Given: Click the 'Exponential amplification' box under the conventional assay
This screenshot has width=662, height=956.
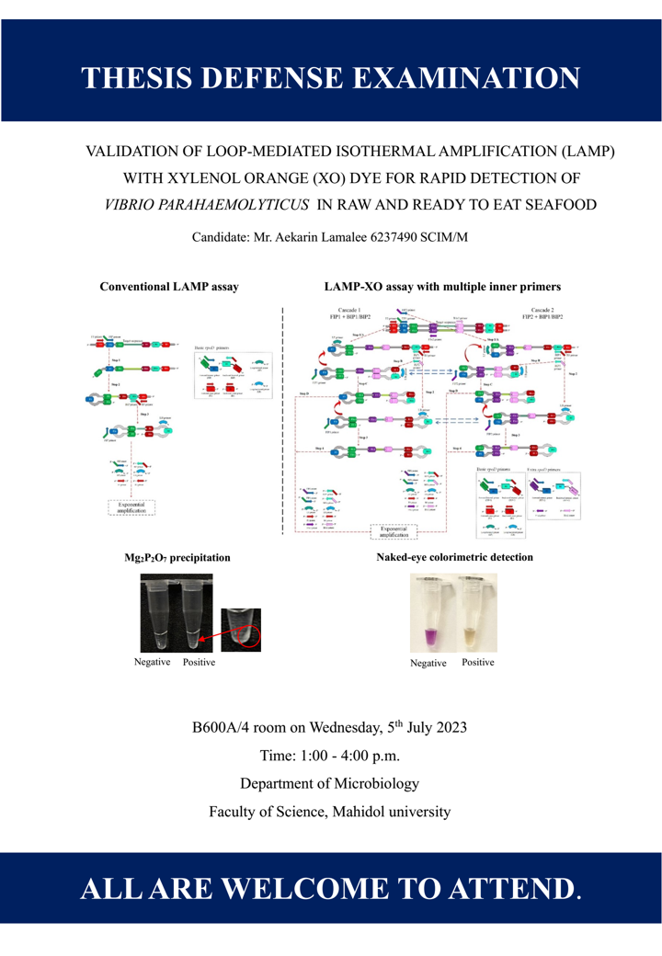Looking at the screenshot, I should click(132, 508).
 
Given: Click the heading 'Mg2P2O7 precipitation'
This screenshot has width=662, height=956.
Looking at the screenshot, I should click(173, 557).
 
